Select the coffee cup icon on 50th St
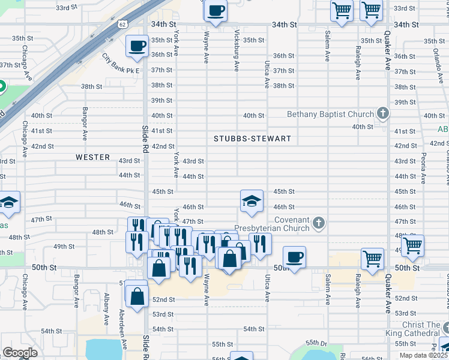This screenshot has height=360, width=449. pos(294,257)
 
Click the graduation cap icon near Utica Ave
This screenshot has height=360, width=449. pos(252,202)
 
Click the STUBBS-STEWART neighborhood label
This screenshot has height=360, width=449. pos(252,139)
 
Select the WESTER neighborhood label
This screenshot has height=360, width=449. pos(93,157)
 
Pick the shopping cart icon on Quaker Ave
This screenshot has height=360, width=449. pos(413,245)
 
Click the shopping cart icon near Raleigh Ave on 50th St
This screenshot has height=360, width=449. pos(373,259)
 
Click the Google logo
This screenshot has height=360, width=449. pos(20,352)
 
